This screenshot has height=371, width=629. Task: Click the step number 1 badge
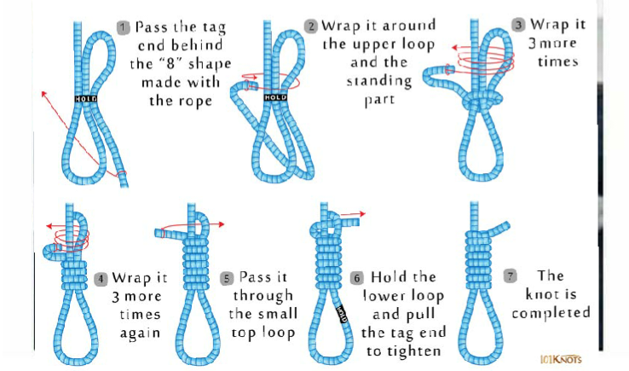[124, 27]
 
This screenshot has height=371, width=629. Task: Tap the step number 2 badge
[311, 26]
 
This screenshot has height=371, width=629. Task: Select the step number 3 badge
[518, 25]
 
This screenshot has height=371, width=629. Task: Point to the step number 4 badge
[101, 279]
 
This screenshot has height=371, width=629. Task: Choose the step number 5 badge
[227, 278]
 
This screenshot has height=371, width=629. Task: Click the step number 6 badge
[356, 278]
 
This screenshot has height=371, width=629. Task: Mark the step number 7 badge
[511, 276]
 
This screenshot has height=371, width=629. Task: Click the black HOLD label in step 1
[85, 99]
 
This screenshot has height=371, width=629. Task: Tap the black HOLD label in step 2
[275, 97]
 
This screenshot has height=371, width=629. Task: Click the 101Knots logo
[561, 359]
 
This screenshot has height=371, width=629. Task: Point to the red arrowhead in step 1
[43, 95]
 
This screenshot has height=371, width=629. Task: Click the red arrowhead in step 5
[221, 225]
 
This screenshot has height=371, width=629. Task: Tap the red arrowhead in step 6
[362, 213]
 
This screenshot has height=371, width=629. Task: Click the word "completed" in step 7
[551, 314]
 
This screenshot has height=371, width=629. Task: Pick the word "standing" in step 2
[379, 82]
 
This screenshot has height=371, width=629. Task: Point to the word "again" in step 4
[140, 333]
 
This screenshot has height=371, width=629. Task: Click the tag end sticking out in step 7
[499, 228]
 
